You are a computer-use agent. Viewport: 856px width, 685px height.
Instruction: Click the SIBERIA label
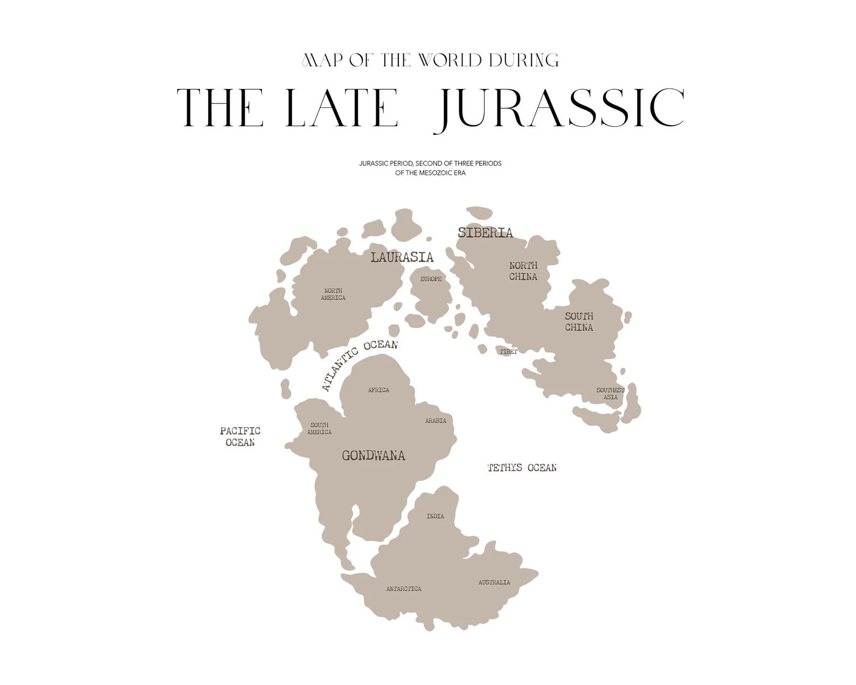coord(485,233)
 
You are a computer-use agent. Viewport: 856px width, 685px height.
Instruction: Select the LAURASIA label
coord(402,257)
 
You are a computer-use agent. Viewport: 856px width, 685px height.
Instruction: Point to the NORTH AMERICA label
coord(333,294)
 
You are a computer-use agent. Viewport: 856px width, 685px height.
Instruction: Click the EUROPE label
coord(431,279)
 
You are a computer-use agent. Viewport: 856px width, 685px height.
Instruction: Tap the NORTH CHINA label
coord(523,271)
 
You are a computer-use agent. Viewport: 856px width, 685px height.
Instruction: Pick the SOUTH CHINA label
coord(579,321)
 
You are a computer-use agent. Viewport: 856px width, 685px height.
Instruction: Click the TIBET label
coord(508,352)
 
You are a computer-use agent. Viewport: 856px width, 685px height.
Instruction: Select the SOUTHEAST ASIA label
coord(610,394)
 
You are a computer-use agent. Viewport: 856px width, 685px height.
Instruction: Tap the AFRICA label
coord(378,390)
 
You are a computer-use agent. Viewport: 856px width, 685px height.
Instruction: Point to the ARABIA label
coord(436,421)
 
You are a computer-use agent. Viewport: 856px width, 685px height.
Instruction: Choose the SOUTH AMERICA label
coord(319,428)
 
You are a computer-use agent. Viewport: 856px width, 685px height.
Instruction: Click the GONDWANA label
coord(373,456)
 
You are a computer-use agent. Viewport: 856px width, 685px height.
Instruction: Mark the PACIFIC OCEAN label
coord(240,436)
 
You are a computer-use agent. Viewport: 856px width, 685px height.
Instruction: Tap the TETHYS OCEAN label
coord(522,468)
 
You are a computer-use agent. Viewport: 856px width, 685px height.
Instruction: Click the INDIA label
coord(435,516)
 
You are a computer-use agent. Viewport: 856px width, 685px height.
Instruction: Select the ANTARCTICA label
coord(404,589)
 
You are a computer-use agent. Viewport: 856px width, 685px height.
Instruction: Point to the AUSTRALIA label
coord(494,583)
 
